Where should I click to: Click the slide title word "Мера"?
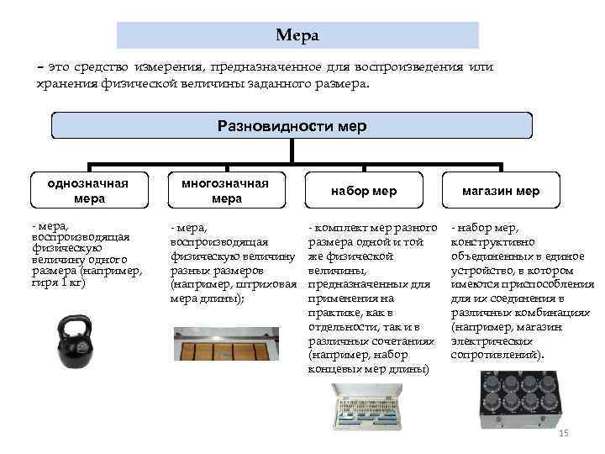[297, 35]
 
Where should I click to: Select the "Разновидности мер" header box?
[292, 126]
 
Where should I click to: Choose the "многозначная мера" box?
[226, 191]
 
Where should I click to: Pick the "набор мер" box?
[363, 191]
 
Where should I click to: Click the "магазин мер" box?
[501, 191]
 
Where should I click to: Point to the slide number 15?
[564, 433]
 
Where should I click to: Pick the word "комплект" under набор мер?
[341, 228]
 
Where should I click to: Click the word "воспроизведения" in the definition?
[402, 67]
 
